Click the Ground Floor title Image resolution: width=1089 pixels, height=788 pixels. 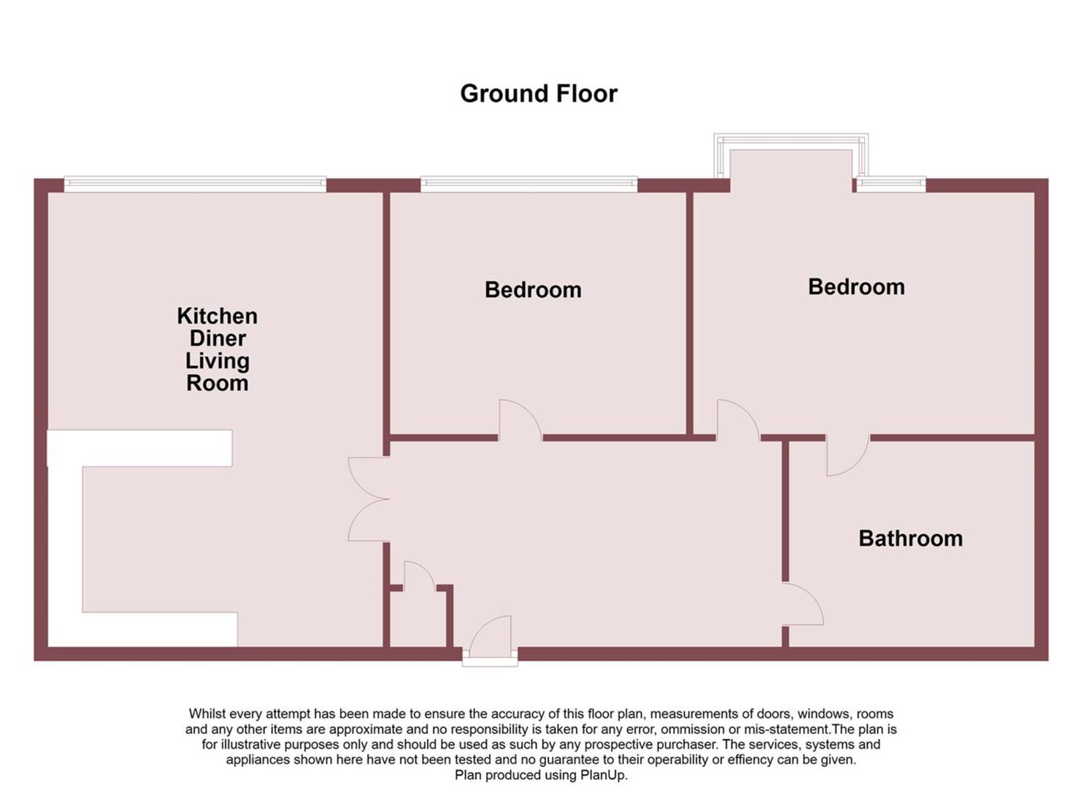pyautogui.click(x=539, y=93)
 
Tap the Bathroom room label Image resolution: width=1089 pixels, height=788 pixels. pyautogui.click(x=910, y=538)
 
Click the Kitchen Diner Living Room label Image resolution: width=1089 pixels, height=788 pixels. pyautogui.click(x=218, y=349)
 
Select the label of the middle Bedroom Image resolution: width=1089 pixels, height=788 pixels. pyautogui.click(x=533, y=290)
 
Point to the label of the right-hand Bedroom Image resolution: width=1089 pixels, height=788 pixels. pyautogui.click(x=856, y=287)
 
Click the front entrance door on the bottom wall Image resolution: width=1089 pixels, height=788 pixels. pyautogui.click(x=490, y=638)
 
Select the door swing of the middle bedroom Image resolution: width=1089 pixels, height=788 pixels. pyautogui.click(x=519, y=421)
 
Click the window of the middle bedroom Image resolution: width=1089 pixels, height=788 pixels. pyautogui.click(x=529, y=184)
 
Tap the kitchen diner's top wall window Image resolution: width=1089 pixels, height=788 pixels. pyautogui.click(x=195, y=184)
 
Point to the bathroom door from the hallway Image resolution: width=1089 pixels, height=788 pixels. pyautogui.click(x=803, y=604)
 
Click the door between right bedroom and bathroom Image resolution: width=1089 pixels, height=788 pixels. pyautogui.click(x=847, y=456)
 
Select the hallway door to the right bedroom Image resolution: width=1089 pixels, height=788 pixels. pyautogui.click(x=737, y=421)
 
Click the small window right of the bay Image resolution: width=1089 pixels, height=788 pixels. pyautogui.click(x=890, y=184)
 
